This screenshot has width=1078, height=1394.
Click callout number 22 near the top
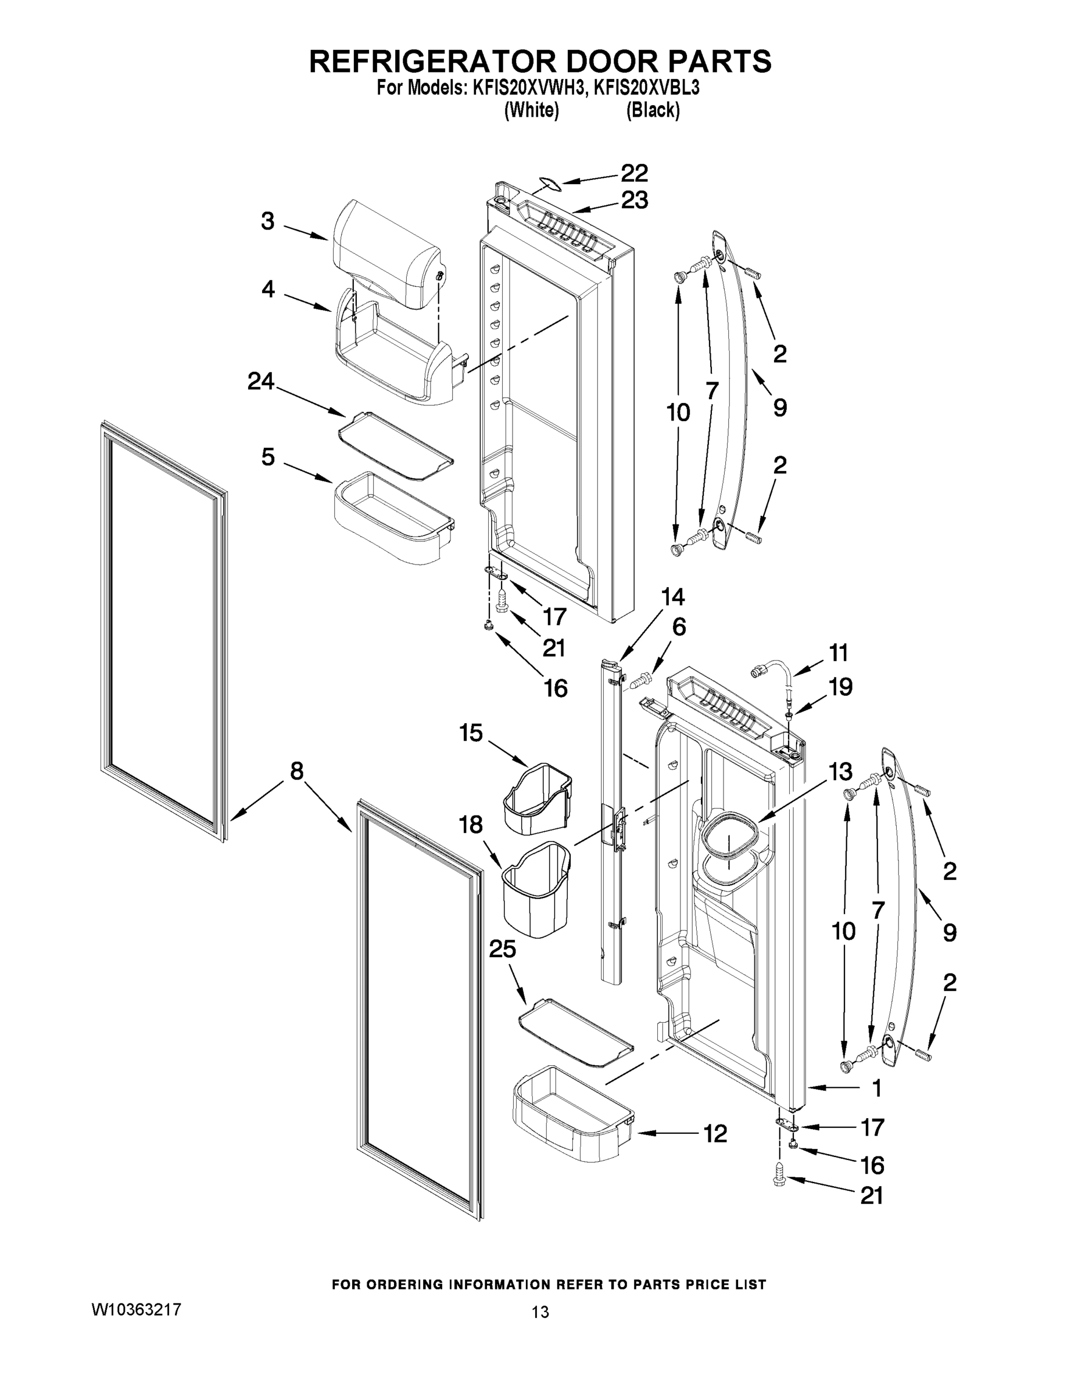(x=634, y=173)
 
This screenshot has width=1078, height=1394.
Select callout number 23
(x=634, y=200)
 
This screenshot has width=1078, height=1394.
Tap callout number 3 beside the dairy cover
(x=267, y=222)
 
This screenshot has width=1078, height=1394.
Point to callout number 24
(x=260, y=382)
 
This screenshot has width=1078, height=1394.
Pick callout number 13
(x=840, y=772)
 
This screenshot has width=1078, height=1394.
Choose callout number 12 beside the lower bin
(x=715, y=1134)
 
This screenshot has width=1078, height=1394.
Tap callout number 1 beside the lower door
(x=877, y=1088)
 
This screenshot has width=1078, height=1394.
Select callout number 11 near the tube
(x=839, y=653)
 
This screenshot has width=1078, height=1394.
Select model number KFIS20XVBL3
(x=646, y=88)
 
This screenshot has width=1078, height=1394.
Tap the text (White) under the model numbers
(x=531, y=110)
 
